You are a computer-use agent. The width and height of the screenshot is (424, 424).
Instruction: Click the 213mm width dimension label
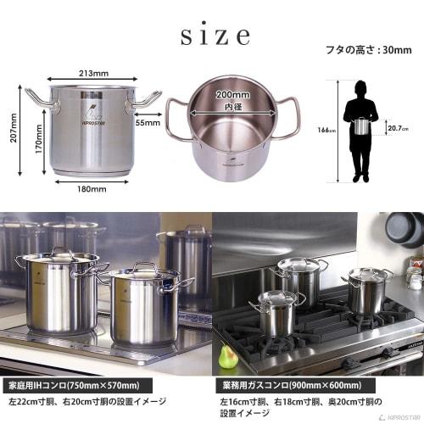pos(87,74)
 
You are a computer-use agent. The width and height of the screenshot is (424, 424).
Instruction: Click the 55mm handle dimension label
pos(147,123)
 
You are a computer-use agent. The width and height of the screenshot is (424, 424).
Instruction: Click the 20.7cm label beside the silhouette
pos(398,127)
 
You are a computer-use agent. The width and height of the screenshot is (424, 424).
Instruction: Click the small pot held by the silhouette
pos(365,126)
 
